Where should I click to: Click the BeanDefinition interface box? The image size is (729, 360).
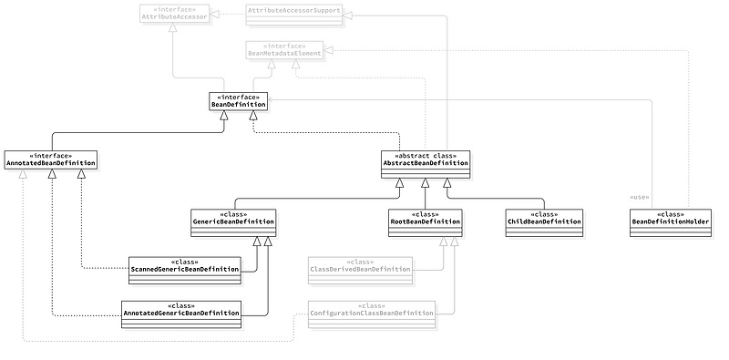tap(238, 101)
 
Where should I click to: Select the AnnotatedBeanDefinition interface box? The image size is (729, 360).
tap(51, 159)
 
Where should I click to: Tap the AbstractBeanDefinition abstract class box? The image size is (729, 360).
tap(425, 163)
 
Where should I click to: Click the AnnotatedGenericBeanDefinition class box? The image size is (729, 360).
tap(182, 310)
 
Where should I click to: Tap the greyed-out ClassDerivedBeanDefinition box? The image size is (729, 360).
tap(360, 266)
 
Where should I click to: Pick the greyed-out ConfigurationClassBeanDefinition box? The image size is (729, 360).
tap(371, 310)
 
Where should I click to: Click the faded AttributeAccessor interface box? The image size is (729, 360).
tap(173, 13)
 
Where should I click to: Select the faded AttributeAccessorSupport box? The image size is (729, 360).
tap(294, 12)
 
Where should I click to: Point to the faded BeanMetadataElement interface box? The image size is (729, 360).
tap(283, 50)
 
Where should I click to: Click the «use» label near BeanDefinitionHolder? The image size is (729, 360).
tap(640, 198)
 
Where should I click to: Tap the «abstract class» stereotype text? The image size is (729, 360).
tap(425, 154)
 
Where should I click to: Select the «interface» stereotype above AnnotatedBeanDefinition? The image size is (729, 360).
tap(51, 155)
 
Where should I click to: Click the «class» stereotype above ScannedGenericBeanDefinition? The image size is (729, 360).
tap(185, 260)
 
